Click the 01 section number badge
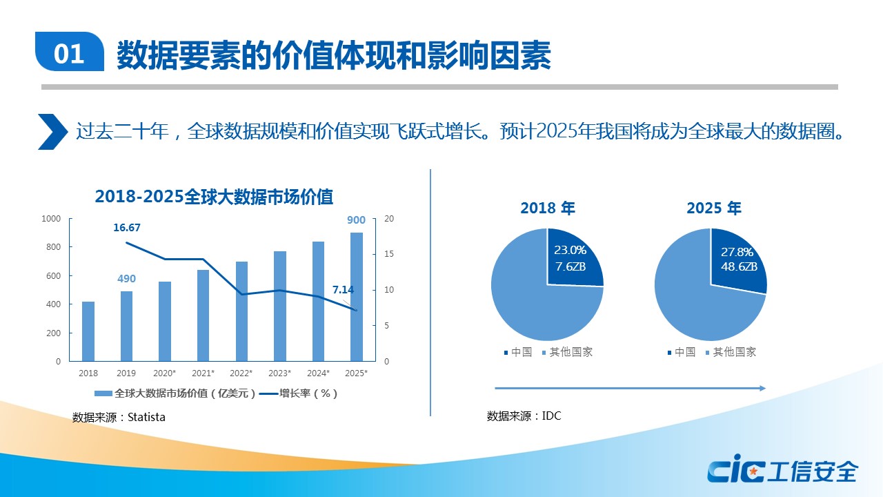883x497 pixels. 69,53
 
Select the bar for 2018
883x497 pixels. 88,331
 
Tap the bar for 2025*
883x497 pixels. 356,297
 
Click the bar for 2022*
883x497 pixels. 241,311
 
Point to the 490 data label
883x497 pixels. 126,279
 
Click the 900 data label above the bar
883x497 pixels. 356,220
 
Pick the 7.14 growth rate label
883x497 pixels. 343,290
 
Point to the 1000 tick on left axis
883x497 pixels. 51,219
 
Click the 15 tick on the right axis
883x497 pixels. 388,254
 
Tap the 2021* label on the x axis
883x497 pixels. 203,373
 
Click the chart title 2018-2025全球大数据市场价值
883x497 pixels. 214,197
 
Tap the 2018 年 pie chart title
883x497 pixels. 547,208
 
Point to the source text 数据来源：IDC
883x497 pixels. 524,416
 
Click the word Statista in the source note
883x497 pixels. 146,417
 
